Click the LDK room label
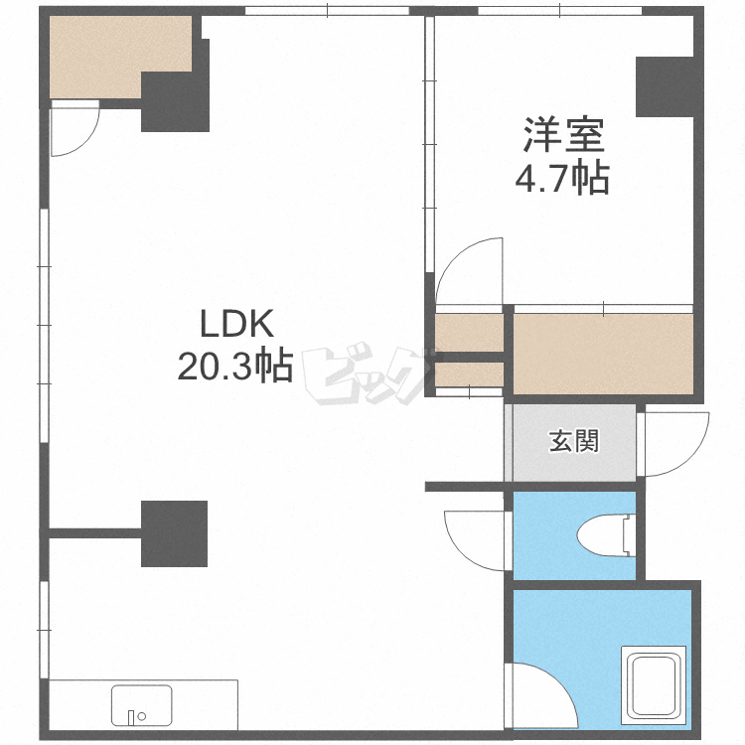(236, 324)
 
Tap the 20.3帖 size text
(235, 367)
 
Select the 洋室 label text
(563, 134)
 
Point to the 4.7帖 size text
(562, 178)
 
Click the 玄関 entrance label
(574, 441)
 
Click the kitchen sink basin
(142, 705)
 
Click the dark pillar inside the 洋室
(665, 87)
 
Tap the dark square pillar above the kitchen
(175, 533)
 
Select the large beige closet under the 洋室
(603, 354)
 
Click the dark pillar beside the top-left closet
(176, 101)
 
